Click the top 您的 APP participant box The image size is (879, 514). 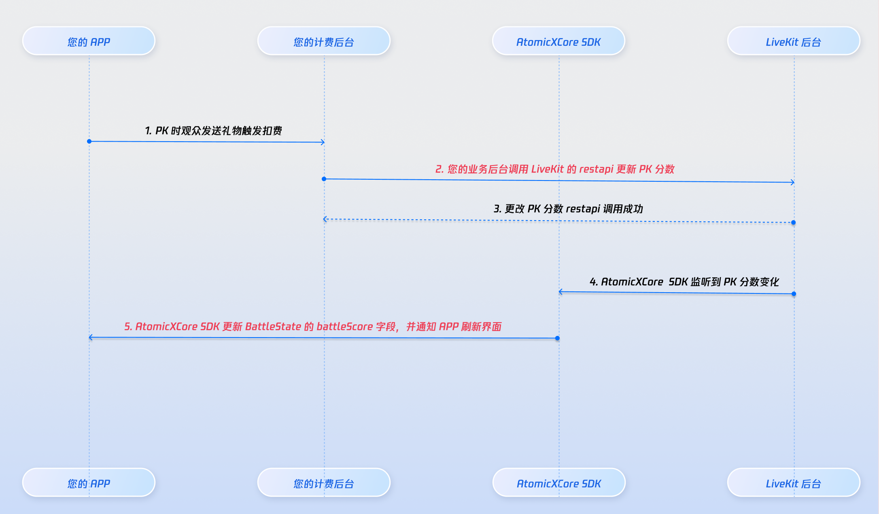pyautogui.click(x=89, y=41)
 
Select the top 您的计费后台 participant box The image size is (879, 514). pyautogui.click(x=324, y=41)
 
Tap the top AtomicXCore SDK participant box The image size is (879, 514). pyautogui.click(x=558, y=41)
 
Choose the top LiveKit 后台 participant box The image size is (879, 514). pyautogui.click(x=793, y=41)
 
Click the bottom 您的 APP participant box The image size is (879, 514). pyautogui.click(x=89, y=483)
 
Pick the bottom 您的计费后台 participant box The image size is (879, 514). pyautogui.click(x=324, y=483)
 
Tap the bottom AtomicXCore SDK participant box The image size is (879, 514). pyautogui.click(x=559, y=483)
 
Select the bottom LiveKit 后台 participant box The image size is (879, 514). pyautogui.click(x=793, y=483)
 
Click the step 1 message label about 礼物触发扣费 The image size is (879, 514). pyautogui.click(x=213, y=131)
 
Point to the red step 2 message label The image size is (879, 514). pyautogui.click(x=555, y=169)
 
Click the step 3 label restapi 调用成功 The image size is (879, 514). pyautogui.click(x=568, y=209)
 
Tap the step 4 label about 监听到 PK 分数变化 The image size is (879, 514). pyautogui.click(x=684, y=282)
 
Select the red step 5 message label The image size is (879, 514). pyautogui.click(x=313, y=327)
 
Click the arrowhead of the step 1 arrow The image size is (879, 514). pyautogui.click(x=323, y=142)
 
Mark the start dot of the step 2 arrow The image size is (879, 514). pyautogui.click(x=324, y=179)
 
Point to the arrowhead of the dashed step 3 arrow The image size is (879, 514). pyautogui.click(x=325, y=219)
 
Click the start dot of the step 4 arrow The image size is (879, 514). pyautogui.click(x=794, y=294)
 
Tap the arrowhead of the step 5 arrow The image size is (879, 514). pyautogui.click(x=91, y=338)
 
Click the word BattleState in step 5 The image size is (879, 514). pyautogui.click(x=273, y=327)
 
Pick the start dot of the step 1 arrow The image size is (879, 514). pyautogui.click(x=89, y=141)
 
